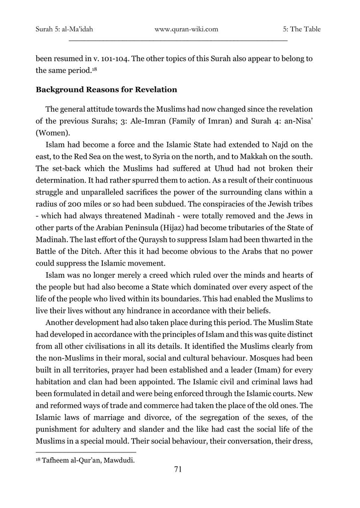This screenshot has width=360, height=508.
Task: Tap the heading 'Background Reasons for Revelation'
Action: [x=106, y=90]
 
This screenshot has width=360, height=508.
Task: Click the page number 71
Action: [x=179, y=469]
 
